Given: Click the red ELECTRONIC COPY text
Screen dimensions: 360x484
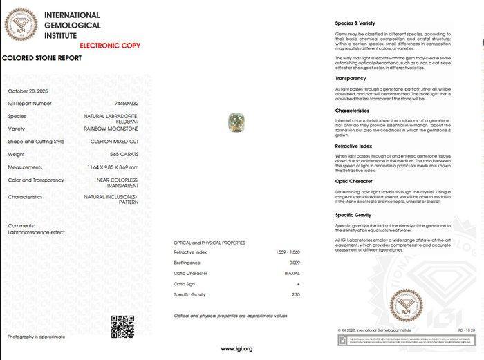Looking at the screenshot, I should coord(110,46).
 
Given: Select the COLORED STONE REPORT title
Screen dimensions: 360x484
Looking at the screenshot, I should coord(42,58).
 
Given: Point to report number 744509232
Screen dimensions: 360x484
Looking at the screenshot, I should coord(125,104).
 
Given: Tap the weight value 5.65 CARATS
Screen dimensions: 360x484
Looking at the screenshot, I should coord(124,154).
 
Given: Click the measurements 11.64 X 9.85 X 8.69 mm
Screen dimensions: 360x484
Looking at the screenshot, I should coord(113,167).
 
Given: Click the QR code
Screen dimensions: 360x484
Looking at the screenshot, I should coord(122,326).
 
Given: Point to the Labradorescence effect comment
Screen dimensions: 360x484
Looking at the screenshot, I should coord(37,232).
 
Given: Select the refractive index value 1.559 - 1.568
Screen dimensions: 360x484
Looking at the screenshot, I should coord(288,252).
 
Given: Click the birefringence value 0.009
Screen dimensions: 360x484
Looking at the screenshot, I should coord(294,263).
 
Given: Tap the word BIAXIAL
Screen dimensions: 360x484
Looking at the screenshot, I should coord(292,274).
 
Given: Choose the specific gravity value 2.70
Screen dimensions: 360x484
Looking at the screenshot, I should coord(295,295).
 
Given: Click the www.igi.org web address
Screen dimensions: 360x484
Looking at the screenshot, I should coord(236,349).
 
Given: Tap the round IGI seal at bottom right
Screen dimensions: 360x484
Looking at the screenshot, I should coord(406,305).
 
